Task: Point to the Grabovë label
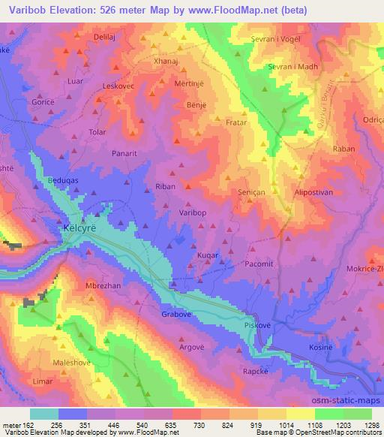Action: pos(177,315)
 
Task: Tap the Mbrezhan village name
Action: pos(103,286)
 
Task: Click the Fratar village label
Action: pos(235,121)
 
